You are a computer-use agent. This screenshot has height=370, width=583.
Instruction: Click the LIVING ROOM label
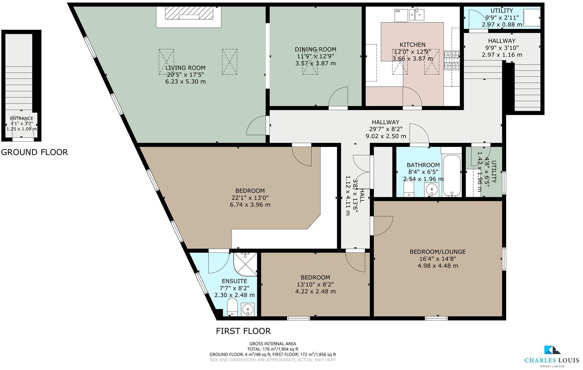tap(185, 68)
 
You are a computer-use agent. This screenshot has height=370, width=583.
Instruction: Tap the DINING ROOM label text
tap(315, 49)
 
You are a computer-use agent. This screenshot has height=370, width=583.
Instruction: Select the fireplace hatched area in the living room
tap(188, 14)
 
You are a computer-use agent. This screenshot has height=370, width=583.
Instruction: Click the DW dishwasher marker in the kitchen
tap(398, 11)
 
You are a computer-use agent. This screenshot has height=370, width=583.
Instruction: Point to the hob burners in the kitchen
tap(452, 60)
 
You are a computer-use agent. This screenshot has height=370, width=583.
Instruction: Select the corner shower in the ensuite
tap(245, 264)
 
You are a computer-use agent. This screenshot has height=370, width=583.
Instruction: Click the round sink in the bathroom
tap(432, 189)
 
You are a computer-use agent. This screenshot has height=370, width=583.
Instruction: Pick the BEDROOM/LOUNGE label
tap(438, 252)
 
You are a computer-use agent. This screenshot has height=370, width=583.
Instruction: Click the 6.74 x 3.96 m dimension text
tap(250, 205)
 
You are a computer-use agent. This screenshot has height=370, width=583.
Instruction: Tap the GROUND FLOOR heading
tap(34, 152)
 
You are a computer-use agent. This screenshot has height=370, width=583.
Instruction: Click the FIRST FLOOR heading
tap(243, 331)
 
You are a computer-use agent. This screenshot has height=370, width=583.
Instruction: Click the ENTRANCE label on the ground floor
tap(22, 118)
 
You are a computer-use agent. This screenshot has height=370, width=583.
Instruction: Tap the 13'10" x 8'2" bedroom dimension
tap(315, 284)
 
